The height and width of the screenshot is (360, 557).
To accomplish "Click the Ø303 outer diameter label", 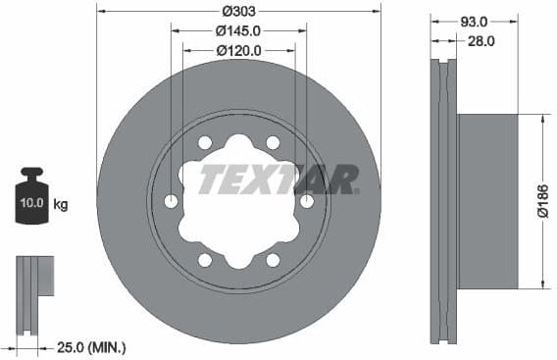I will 238,11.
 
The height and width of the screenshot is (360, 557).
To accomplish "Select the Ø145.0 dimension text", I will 238,29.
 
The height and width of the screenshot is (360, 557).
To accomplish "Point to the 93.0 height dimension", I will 474,21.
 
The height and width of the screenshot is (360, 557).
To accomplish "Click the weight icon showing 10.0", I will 32,200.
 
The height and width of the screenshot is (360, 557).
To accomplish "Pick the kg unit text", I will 61,204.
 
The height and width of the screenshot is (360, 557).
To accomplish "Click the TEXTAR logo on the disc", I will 278,180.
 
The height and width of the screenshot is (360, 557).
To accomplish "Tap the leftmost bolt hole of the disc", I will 172,201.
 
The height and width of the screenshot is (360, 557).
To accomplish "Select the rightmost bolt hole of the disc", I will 307,201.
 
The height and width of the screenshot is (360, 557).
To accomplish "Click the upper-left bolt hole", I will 205,143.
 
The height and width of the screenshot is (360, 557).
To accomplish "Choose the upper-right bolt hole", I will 274,143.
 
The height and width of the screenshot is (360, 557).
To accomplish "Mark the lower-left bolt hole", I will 205,260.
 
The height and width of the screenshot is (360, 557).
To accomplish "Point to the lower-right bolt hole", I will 274,260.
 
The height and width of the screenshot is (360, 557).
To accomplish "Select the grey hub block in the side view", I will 487,201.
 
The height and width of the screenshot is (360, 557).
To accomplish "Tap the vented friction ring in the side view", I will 445,201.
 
